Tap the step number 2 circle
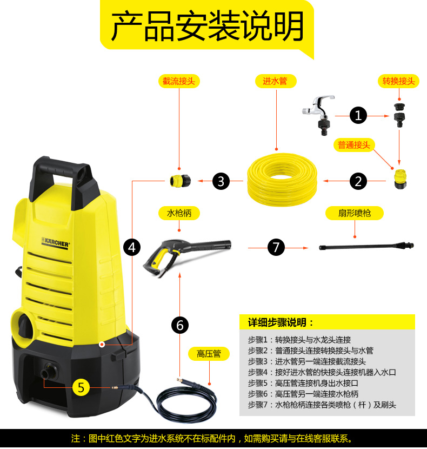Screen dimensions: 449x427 [358, 181]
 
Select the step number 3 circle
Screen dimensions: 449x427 [221, 181]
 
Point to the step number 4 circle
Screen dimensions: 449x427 [132, 248]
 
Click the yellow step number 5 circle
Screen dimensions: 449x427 [81, 387]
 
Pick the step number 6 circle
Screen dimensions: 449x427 [180, 325]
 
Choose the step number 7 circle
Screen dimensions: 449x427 [276, 248]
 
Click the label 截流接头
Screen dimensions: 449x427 [179, 81]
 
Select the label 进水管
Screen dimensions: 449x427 [275, 81]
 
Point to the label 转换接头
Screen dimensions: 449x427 [399, 81]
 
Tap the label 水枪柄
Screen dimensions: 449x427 [179, 213]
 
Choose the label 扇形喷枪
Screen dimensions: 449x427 [355, 213]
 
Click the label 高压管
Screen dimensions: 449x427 [209, 354]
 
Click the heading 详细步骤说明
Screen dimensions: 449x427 [281, 322]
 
